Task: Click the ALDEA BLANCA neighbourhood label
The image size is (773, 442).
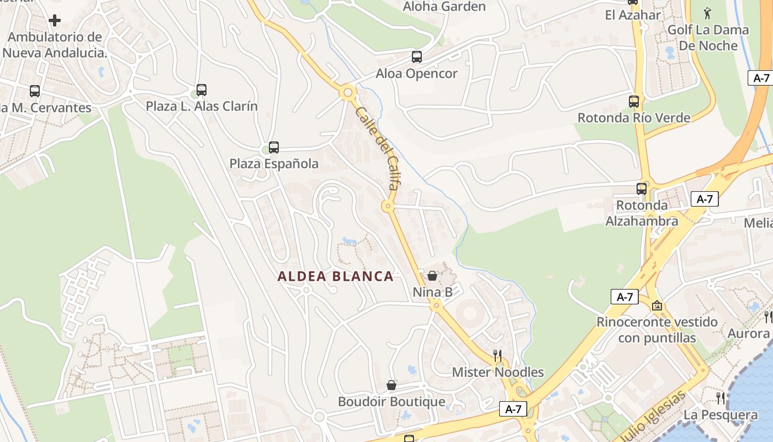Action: pyautogui.click(x=336, y=276)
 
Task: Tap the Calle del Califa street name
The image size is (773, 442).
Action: pyautogui.click(x=378, y=148)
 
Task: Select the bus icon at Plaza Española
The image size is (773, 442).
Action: pyautogui.click(x=274, y=148)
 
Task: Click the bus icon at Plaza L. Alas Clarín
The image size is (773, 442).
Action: pyautogui.click(x=202, y=90)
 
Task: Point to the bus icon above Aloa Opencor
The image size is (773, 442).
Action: pyautogui.click(x=417, y=56)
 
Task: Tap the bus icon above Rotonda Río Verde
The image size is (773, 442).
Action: pyautogui.click(x=634, y=102)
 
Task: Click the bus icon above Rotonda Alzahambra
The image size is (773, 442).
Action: pyautogui.click(x=642, y=188)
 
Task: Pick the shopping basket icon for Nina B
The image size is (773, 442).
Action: pyautogui.click(x=432, y=275)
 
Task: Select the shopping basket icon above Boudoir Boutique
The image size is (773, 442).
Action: pyautogui.click(x=391, y=385)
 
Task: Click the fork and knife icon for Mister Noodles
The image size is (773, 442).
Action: pyautogui.click(x=498, y=355)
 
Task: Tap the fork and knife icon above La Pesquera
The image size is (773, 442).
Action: pyautogui.click(x=721, y=398)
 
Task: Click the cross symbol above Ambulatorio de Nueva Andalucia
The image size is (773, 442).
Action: pyautogui.click(x=55, y=20)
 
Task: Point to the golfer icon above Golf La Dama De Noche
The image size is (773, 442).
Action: pyautogui.click(x=708, y=12)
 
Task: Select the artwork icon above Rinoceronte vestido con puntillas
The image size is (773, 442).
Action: pyautogui.click(x=656, y=305)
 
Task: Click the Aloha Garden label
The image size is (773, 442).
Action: pyautogui.click(x=444, y=7)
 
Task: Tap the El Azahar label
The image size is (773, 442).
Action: pyautogui.click(x=633, y=15)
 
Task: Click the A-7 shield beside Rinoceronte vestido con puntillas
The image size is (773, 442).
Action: pyautogui.click(x=624, y=297)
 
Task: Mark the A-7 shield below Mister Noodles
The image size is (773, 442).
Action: pyautogui.click(x=513, y=409)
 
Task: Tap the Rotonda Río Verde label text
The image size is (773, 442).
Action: pyautogui.click(x=634, y=118)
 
